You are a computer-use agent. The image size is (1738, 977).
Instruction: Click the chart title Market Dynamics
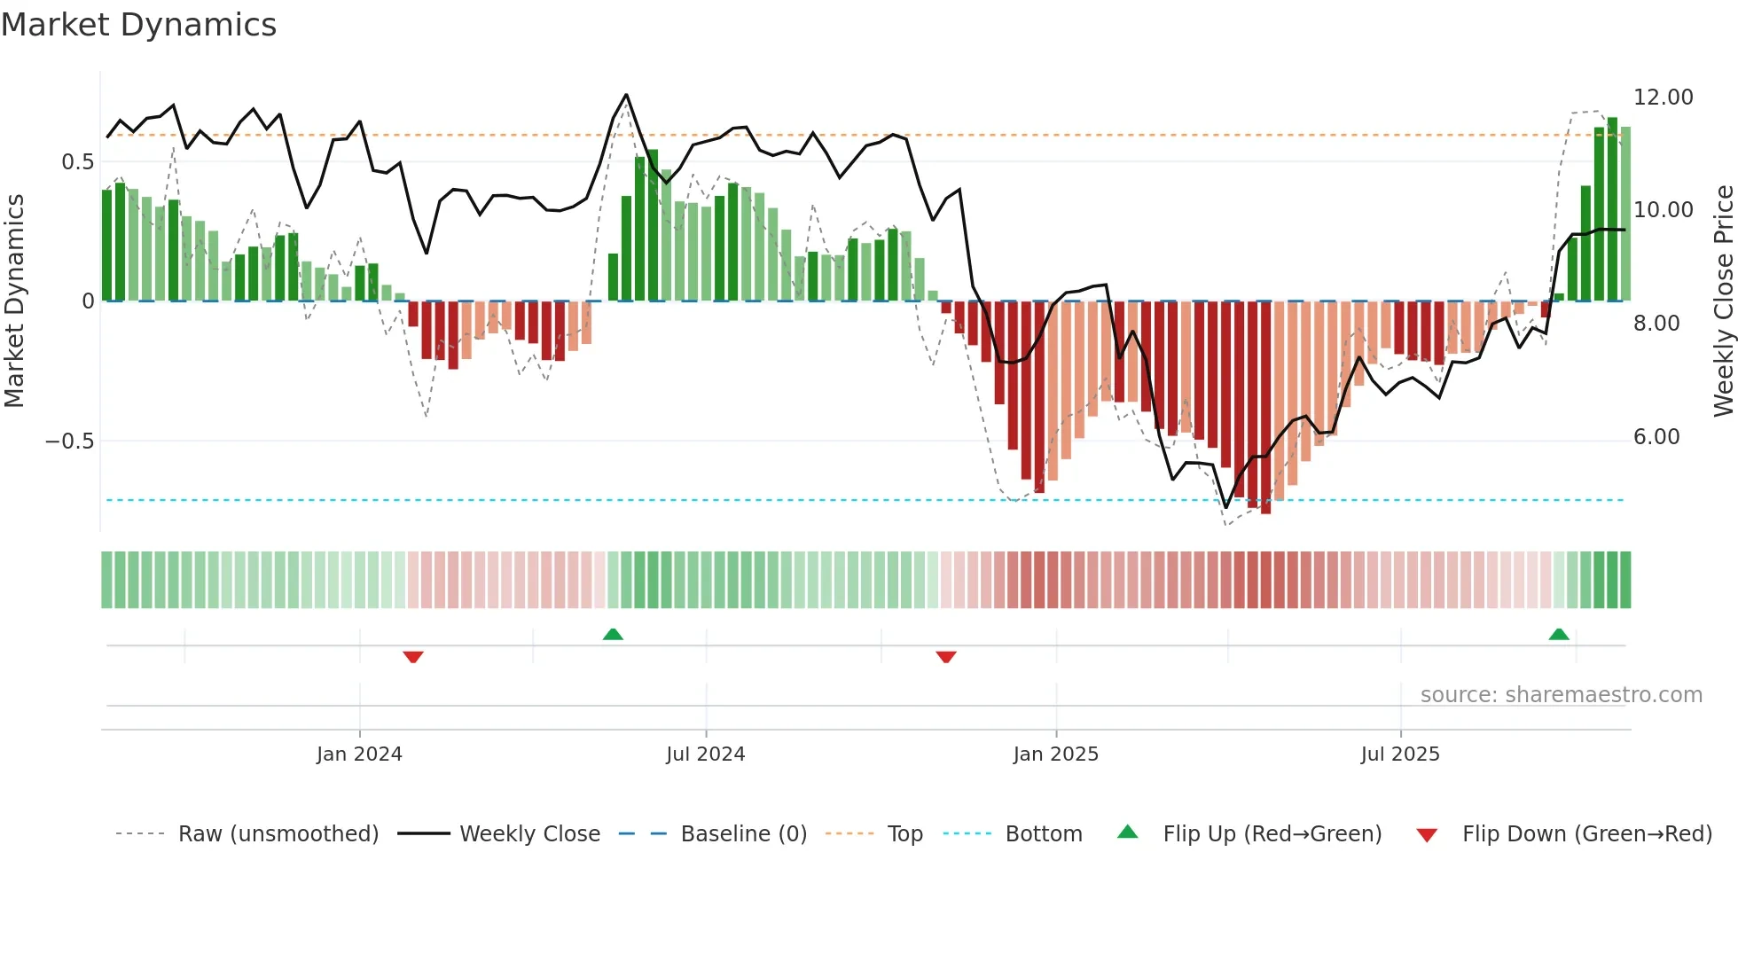pyautogui.click(x=138, y=25)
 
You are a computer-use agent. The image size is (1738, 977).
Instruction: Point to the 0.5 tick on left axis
pyautogui.click(x=77, y=161)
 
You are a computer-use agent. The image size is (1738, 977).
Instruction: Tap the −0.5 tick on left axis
pyautogui.click(x=69, y=441)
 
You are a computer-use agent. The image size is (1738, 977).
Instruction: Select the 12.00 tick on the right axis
pyautogui.click(x=1663, y=97)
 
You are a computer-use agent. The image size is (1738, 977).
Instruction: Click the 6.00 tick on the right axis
pyautogui.click(x=1656, y=436)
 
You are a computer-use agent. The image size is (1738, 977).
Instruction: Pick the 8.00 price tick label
pyautogui.click(x=1656, y=323)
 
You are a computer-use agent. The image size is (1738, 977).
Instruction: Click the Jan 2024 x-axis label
pyautogui.click(x=359, y=754)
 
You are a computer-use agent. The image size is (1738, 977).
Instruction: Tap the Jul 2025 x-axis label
pyautogui.click(x=1400, y=754)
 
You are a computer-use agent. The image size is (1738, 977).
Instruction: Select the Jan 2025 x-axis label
pyautogui.click(x=1055, y=754)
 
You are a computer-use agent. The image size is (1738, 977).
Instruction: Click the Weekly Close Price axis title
pyautogui.click(x=1723, y=301)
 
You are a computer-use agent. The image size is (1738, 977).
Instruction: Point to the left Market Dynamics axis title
pyautogui.click(x=14, y=301)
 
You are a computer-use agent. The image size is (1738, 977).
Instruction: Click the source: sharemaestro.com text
pyautogui.click(x=1561, y=694)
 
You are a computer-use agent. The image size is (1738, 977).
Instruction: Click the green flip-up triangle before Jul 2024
pyautogui.click(x=613, y=634)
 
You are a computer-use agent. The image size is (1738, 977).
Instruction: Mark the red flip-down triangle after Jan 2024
pyautogui.click(x=413, y=657)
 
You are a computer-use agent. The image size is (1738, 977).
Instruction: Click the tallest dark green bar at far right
pyautogui.click(x=1612, y=209)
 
